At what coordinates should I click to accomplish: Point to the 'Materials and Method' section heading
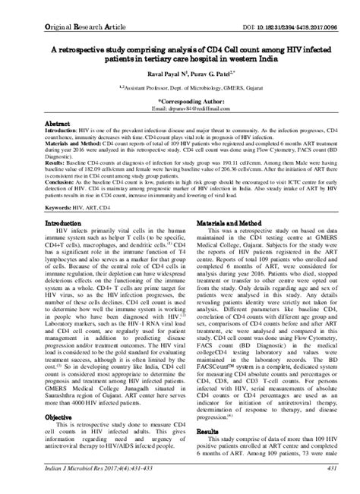pyautogui.click(x=229, y=225)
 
